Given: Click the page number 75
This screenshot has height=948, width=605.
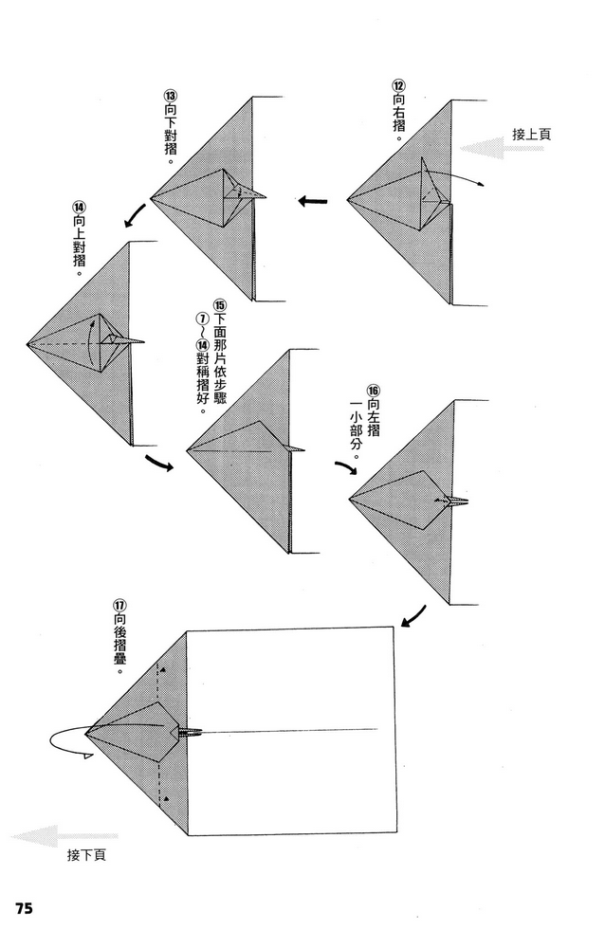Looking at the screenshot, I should tap(23, 907).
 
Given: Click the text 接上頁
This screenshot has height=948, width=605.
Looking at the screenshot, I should tap(531, 135).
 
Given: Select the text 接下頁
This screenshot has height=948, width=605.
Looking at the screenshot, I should tap(86, 855).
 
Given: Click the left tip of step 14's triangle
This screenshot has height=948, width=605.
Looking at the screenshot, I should tap(27, 343).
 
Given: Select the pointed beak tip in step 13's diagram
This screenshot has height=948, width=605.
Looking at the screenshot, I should tap(266, 196).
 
